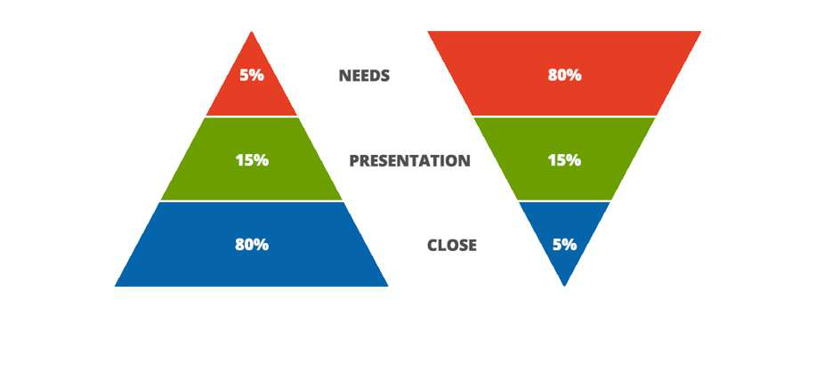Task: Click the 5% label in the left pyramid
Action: (x=251, y=76)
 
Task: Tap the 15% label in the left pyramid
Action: (x=252, y=160)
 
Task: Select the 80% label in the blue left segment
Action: (x=252, y=245)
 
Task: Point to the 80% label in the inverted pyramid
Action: (x=564, y=76)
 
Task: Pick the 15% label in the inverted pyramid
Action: (x=564, y=160)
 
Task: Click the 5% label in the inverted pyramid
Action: (x=564, y=245)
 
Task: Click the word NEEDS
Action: (x=364, y=76)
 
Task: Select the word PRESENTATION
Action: (x=410, y=160)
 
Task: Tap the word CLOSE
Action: (x=452, y=245)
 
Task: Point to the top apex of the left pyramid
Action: (x=252, y=31)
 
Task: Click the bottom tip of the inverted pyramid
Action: (x=564, y=286)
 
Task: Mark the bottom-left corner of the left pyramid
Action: (x=115, y=286)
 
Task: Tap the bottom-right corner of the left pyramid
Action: (x=388, y=286)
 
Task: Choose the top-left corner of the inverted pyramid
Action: (x=427, y=31)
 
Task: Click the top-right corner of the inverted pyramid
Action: (x=701, y=31)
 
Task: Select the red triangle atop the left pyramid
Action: (x=252, y=79)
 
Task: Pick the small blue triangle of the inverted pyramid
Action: (x=564, y=237)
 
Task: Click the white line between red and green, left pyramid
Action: (x=252, y=117)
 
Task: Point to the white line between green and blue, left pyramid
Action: (x=252, y=201)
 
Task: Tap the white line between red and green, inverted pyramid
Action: (x=564, y=117)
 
